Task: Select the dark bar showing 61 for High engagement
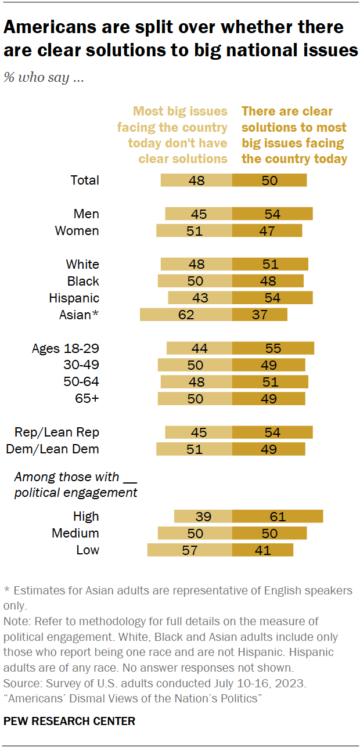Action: click(278, 517)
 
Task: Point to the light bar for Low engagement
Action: click(189, 550)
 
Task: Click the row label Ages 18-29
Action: click(66, 348)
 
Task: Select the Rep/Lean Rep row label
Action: click(57, 432)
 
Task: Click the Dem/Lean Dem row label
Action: click(52, 449)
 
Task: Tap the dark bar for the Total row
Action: click(269, 180)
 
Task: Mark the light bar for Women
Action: click(194, 230)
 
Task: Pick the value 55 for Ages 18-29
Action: click(273, 348)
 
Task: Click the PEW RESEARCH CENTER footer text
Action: click(69, 721)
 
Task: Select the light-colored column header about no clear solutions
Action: click(172, 135)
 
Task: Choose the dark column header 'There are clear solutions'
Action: click(294, 135)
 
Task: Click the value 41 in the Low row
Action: click(263, 550)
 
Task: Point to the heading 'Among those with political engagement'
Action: click(75, 485)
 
